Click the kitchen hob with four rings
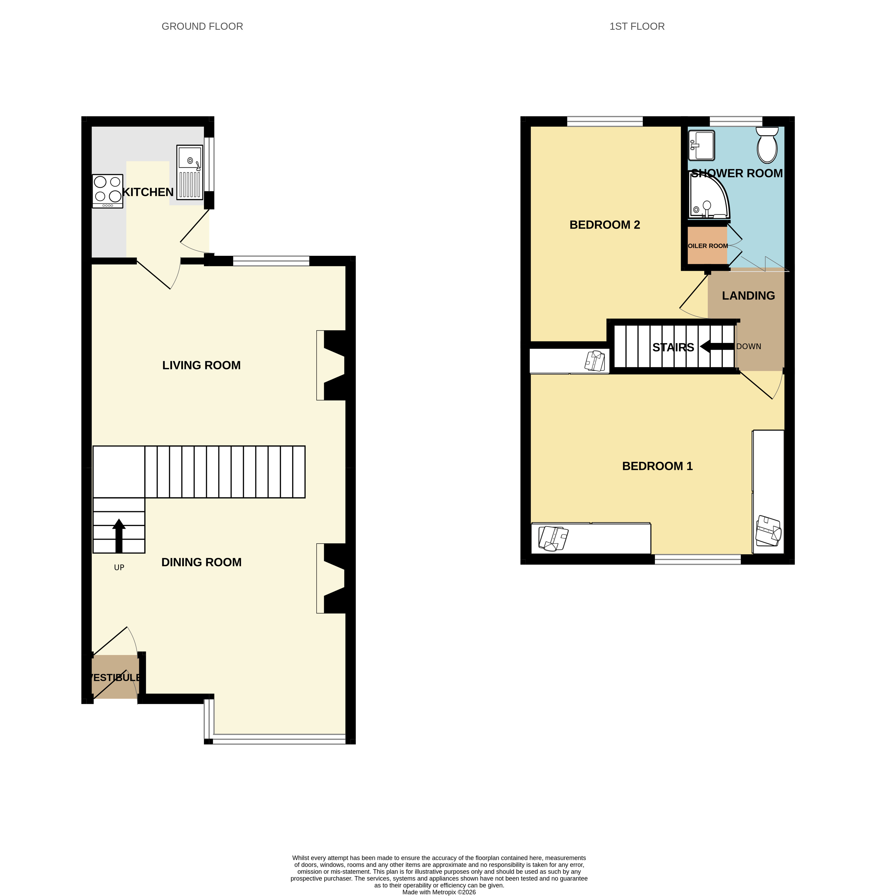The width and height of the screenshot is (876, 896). point(108,191)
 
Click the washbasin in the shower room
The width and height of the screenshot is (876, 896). point(701,145)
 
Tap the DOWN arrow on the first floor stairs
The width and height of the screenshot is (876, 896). point(717,346)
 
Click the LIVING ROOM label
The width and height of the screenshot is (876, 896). point(202,365)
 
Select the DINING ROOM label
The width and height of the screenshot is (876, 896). point(202,562)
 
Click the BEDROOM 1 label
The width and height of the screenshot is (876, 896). point(658,466)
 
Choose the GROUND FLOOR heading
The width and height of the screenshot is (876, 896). point(202,27)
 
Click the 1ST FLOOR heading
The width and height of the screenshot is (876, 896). point(637,27)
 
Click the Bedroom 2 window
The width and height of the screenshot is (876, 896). point(605,122)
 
